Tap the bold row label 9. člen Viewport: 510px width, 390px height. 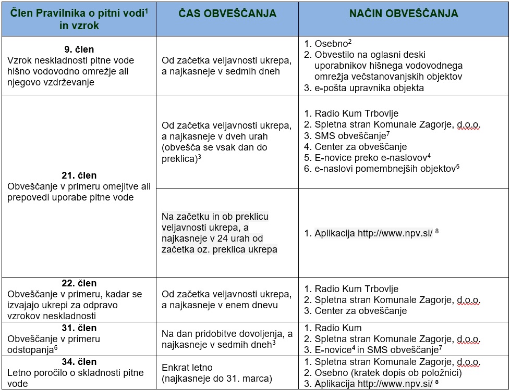click(79, 50)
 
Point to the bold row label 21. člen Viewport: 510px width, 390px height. click(79, 175)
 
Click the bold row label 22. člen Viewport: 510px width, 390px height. click(79, 283)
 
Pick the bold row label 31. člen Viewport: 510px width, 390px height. click(79, 328)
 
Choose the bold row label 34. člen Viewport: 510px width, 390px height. click(79, 361)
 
